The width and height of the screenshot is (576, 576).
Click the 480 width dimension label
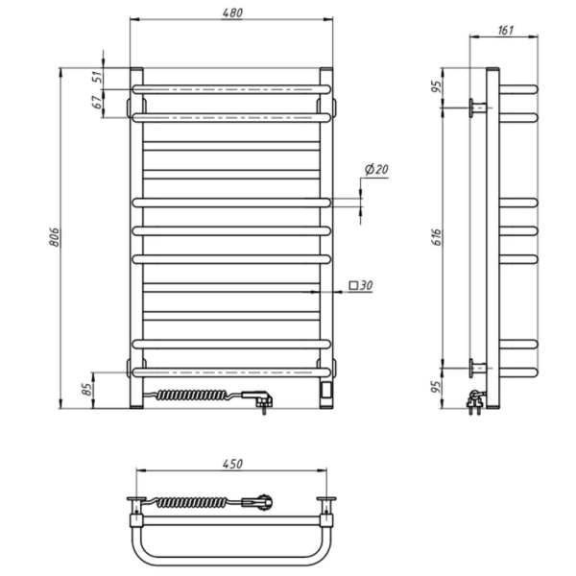pyautogui.click(x=232, y=12)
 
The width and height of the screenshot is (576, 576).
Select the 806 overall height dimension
pyautogui.click(x=55, y=237)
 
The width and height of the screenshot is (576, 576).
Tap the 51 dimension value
pyautogui.click(x=98, y=78)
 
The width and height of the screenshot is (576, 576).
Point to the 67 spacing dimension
pyautogui.click(x=98, y=102)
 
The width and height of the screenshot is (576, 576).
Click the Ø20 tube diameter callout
pyautogui.click(x=376, y=169)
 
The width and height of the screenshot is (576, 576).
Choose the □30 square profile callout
pyautogui.click(x=361, y=285)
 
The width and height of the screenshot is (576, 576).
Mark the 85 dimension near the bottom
pyautogui.click(x=87, y=389)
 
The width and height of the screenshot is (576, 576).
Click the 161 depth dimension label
pyautogui.click(x=506, y=30)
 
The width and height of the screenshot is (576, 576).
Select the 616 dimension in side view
pyautogui.click(x=436, y=237)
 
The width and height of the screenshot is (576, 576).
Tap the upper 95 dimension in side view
pyautogui.click(x=436, y=86)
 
